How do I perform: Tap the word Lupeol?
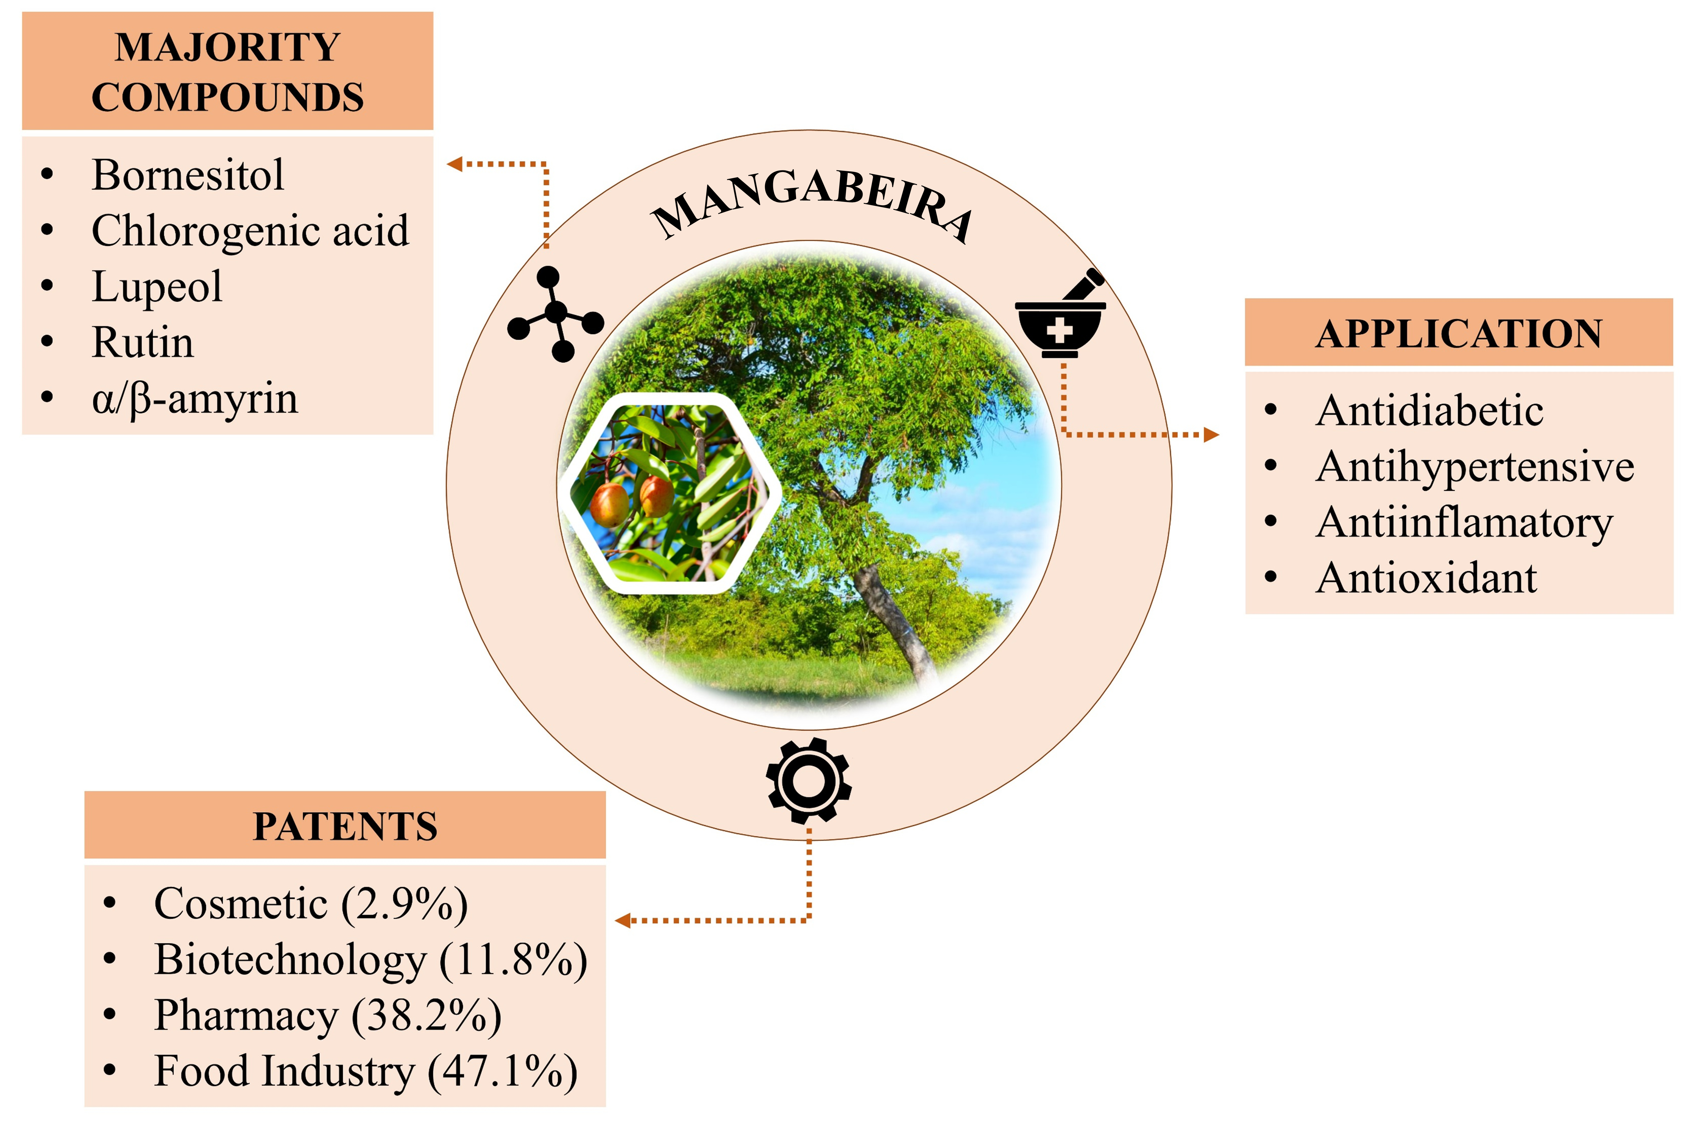pyautogui.click(x=157, y=286)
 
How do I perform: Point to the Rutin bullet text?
pyautogui.click(x=142, y=342)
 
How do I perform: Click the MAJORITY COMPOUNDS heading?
pyautogui.click(x=228, y=72)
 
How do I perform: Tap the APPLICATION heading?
pyautogui.click(x=1458, y=334)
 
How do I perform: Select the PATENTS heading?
pyautogui.click(x=345, y=826)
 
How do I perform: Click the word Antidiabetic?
pyautogui.click(x=1429, y=411)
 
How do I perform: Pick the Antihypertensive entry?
pyautogui.click(x=1475, y=467)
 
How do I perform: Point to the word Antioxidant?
pyautogui.click(x=1426, y=579)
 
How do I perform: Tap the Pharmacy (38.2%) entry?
pyautogui.click(x=327, y=1016)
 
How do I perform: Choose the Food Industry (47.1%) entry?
pyautogui.click(x=365, y=1071)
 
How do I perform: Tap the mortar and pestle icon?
pyautogui.click(x=1060, y=315)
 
